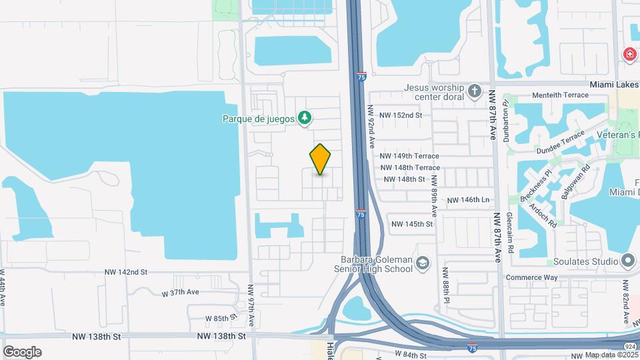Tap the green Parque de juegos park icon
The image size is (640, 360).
(305, 118)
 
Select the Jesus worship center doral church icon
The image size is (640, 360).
(474, 91)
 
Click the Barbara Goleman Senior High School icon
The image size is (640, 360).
(422, 265)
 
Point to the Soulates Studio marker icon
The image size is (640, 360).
(627, 260)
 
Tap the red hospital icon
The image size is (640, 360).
(629, 55)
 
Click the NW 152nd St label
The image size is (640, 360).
(401, 115)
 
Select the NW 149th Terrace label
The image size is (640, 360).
(409, 156)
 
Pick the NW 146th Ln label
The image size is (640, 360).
(468, 200)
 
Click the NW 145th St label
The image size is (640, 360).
(412, 225)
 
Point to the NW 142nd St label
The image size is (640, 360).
(125, 273)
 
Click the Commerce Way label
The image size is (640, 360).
(531, 277)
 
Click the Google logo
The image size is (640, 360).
(23, 351)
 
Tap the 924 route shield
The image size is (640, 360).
(630, 347)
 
